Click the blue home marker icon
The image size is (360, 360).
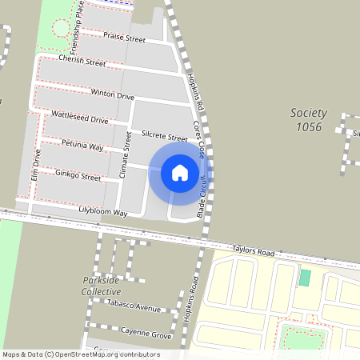tap(180, 172)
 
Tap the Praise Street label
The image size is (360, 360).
tap(124, 38)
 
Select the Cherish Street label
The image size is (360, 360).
tap(82, 62)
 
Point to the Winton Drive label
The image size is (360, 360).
tap(112, 94)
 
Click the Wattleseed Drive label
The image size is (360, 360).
tap(79, 118)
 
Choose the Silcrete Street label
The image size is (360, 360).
tap(164, 138)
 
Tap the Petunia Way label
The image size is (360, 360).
tap(84, 147)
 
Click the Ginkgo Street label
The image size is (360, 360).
tap(78, 175)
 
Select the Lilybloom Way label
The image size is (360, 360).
tap(103, 213)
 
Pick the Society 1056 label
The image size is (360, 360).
tap(306, 121)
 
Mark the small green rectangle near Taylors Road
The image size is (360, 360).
tap(305, 278)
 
